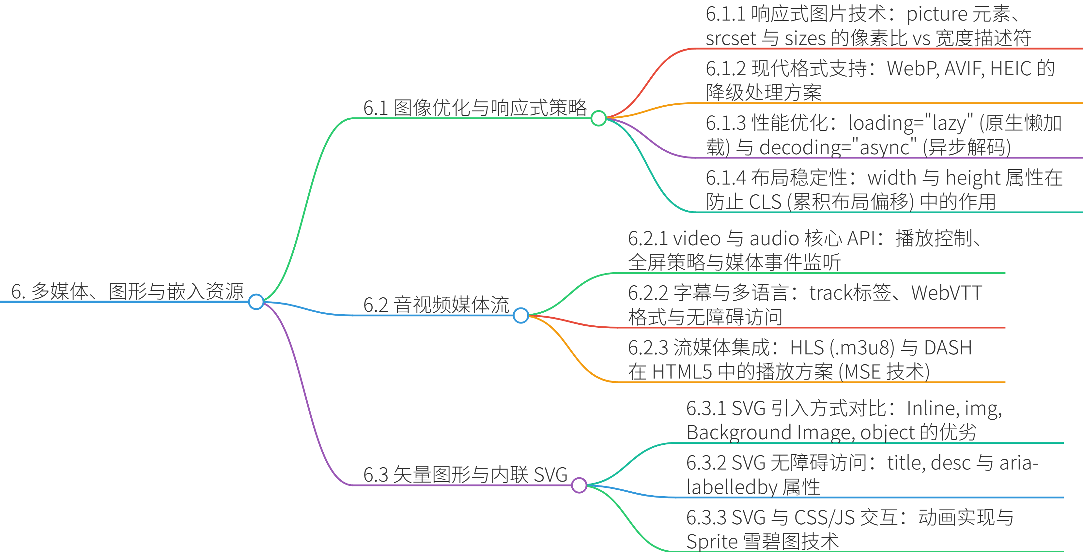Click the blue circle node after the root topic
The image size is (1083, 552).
(x=256, y=302)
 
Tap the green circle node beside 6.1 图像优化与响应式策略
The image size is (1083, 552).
(x=598, y=118)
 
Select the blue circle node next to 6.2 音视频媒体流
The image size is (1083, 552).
(x=521, y=315)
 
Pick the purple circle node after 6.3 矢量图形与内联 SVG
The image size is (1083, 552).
(x=579, y=485)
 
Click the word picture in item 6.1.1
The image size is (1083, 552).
(x=937, y=15)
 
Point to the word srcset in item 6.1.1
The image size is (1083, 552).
(x=731, y=39)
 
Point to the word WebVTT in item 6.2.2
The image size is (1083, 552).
(x=946, y=293)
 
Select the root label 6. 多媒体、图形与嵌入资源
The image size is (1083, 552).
(x=127, y=291)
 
